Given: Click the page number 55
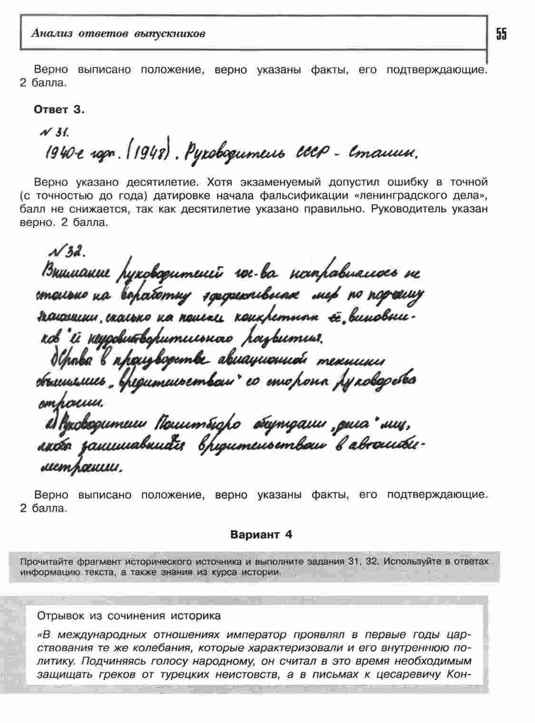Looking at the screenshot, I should point(501,34).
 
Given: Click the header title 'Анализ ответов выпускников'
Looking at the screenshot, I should point(118,34).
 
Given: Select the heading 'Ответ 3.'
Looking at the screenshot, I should point(59,110).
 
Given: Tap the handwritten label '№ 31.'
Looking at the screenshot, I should point(55,131).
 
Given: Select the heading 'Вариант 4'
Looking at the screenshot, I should point(261,534).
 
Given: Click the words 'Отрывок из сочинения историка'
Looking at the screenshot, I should point(129,616).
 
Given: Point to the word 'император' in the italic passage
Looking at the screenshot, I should point(256,635).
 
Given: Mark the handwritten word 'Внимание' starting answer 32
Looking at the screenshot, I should point(76,274).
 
